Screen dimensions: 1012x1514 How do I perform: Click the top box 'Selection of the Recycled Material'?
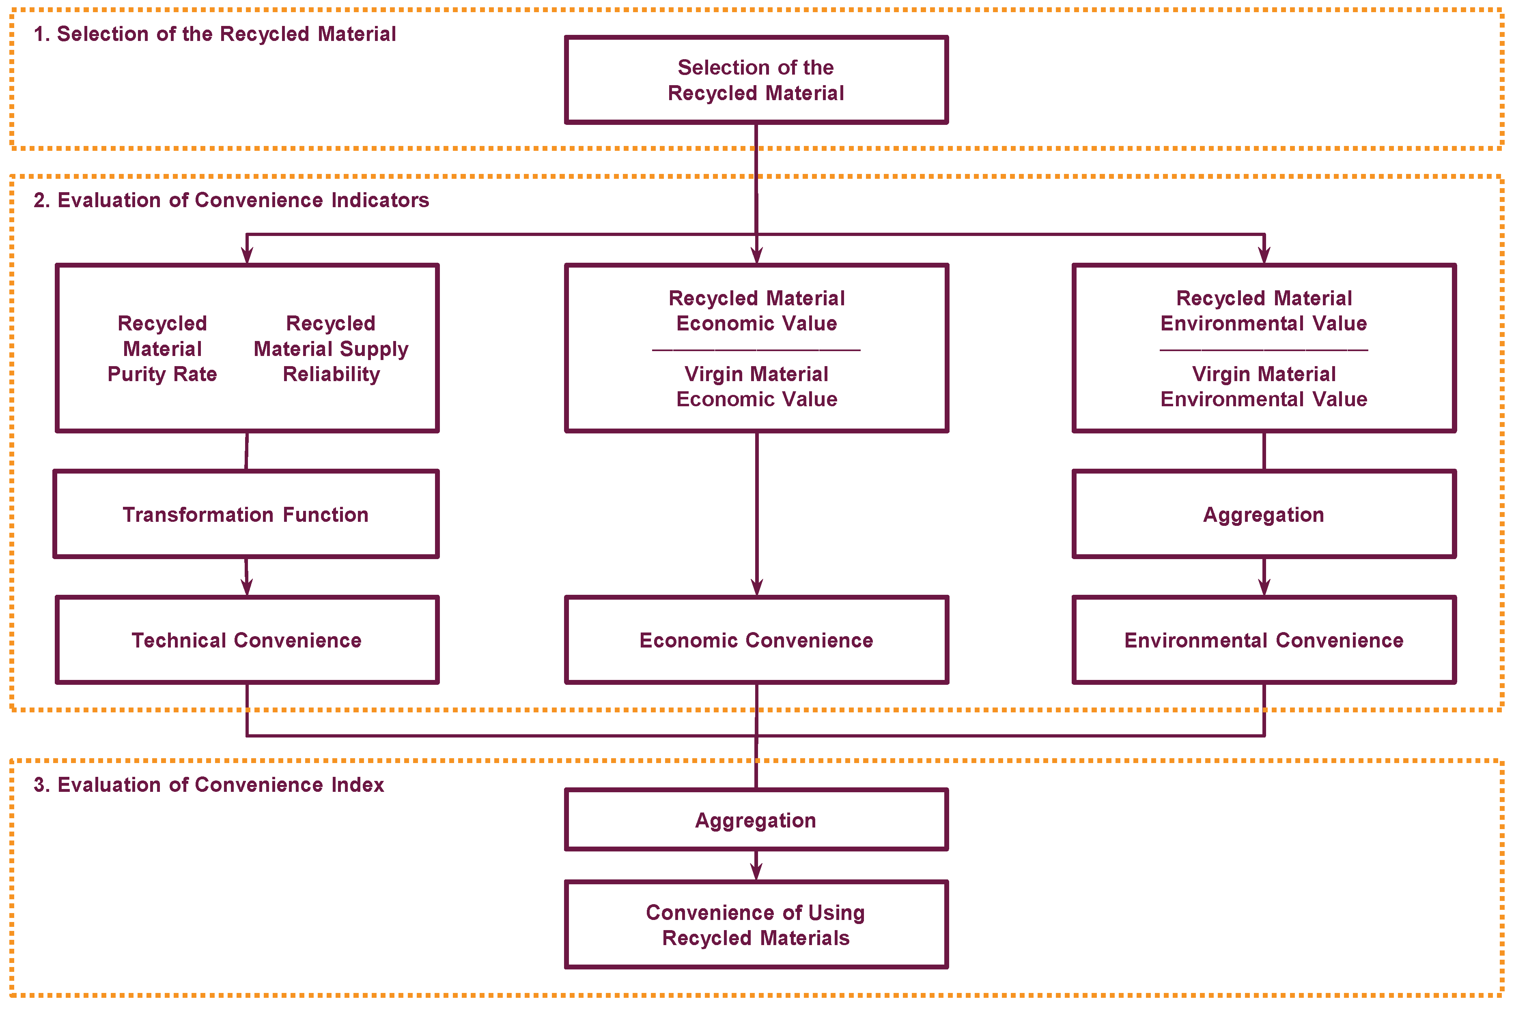point(756,80)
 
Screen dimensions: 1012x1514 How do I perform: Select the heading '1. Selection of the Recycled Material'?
point(214,34)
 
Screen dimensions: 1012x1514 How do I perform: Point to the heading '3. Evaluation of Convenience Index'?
point(209,785)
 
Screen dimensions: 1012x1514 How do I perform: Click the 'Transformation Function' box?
point(246,515)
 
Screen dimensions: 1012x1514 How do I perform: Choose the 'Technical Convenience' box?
point(247,640)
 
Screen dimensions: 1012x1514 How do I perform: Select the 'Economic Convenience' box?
point(756,640)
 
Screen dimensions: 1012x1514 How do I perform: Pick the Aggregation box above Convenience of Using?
point(756,820)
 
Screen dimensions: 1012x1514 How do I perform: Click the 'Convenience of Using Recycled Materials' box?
point(756,925)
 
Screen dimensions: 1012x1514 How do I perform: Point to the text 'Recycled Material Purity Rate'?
point(162,349)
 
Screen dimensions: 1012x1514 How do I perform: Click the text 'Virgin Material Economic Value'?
point(756,387)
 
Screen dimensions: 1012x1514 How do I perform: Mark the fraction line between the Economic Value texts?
point(756,350)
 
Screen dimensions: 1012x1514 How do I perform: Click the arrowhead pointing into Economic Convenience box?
point(757,587)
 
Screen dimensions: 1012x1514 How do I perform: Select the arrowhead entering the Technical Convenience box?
point(247,587)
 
